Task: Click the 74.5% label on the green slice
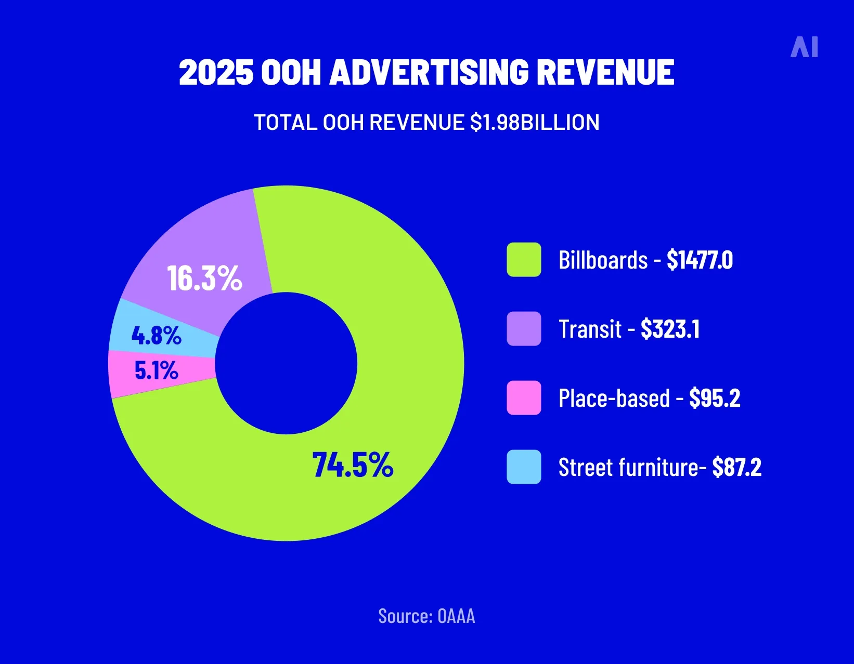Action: point(353,464)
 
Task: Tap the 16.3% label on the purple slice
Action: point(204,278)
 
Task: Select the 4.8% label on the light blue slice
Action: point(156,335)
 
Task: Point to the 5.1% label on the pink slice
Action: point(156,370)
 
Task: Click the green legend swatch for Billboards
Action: point(524,259)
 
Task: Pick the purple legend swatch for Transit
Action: point(524,328)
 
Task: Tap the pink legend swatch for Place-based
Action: point(524,397)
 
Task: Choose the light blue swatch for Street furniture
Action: point(524,467)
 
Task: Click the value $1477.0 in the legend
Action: point(700,260)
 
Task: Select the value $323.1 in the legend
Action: point(670,329)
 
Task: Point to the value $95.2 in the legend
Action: point(715,398)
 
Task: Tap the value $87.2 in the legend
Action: point(736,467)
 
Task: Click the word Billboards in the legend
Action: point(603,260)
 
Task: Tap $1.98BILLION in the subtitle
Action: point(535,123)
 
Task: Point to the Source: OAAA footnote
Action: point(426,616)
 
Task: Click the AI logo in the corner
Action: point(804,47)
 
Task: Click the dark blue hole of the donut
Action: point(286,363)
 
